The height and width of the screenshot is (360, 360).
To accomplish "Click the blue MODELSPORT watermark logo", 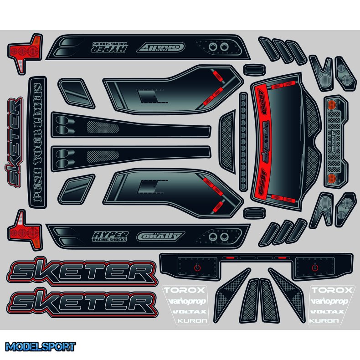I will (41, 347).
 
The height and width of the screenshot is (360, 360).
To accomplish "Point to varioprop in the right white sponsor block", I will (329, 301).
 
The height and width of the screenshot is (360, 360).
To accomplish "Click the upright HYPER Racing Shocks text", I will (110, 236).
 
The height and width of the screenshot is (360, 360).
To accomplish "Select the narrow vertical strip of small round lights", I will (243, 141).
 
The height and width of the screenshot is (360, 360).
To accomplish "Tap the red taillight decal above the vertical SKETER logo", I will (27, 51).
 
